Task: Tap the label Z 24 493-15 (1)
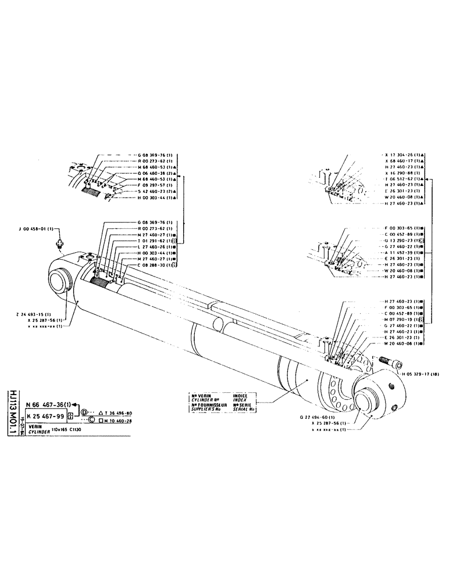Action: tap(40, 314)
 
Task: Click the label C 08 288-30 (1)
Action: tap(156, 264)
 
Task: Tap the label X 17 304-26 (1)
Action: tap(404, 154)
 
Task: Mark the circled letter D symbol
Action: tap(84, 412)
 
